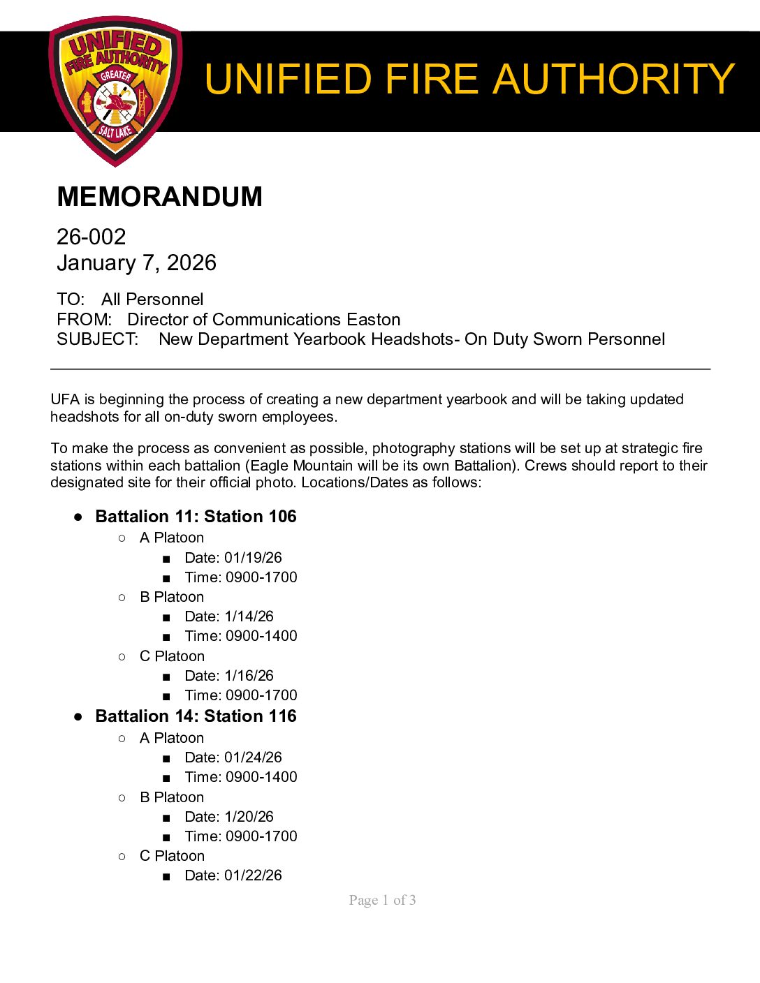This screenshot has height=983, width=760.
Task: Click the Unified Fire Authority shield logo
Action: (115, 91)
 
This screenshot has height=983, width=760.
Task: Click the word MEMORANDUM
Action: (159, 197)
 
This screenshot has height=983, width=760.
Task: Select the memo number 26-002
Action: (92, 237)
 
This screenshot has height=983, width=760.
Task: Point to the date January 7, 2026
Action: (136, 263)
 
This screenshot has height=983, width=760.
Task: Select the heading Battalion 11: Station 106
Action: (196, 517)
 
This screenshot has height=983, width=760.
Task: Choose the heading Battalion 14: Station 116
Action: (196, 716)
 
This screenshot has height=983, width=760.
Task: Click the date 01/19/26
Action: (253, 558)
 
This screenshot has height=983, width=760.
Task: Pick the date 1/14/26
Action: (249, 616)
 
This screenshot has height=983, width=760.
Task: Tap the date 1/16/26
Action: (249, 676)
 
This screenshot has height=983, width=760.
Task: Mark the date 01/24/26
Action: (253, 757)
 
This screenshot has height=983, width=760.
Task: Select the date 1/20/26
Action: (249, 817)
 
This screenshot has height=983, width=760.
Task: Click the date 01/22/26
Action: (253, 875)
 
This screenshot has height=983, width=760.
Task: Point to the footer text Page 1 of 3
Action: (382, 900)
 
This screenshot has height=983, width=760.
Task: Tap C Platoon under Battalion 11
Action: (172, 656)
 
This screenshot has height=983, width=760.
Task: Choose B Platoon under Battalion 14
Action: (172, 797)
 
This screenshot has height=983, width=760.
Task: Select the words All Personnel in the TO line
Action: (152, 300)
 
